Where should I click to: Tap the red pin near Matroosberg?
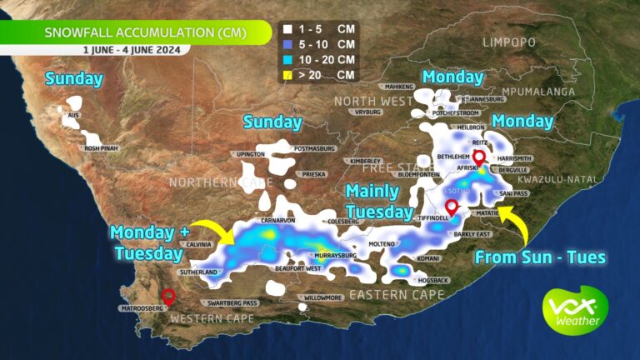pyautogui.click(x=168, y=295)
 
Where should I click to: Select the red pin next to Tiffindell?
pyautogui.click(x=451, y=206)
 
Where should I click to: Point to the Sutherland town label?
pyautogui.click(x=197, y=272)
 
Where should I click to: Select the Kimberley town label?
pyautogui.click(x=364, y=161)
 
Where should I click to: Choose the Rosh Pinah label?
pyautogui.click(x=104, y=148)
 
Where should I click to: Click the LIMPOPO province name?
pyautogui.click(x=507, y=41)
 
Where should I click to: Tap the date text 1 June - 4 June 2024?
pyautogui.click(x=135, y=49)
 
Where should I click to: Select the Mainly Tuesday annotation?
pyautogui.click(x=379, y=202)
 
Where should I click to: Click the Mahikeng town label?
pyautogui.click(x=400, y=86)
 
